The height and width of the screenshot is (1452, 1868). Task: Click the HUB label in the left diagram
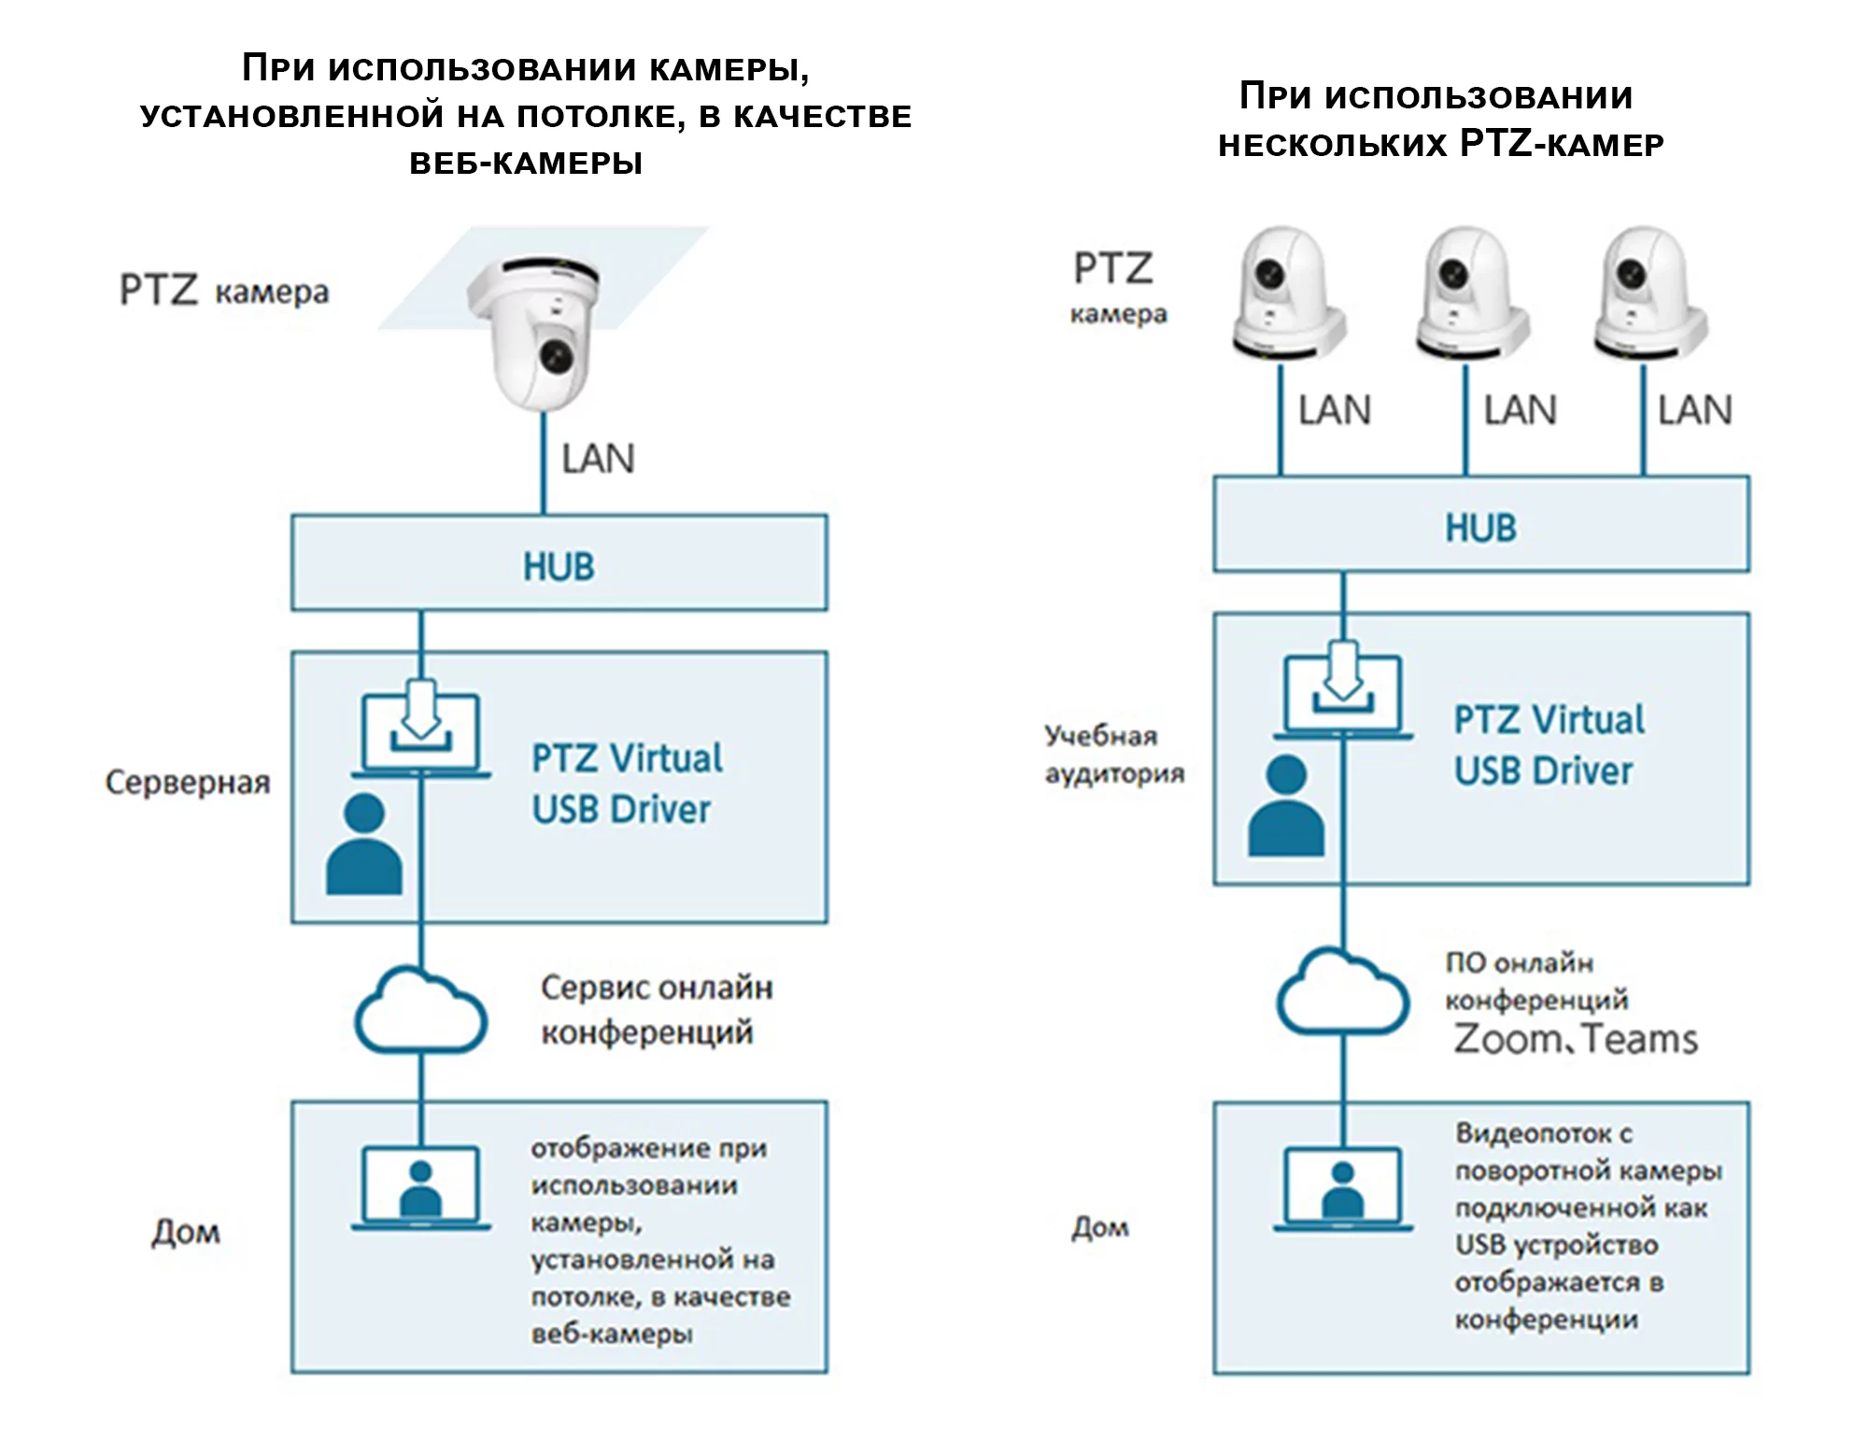pos(559,566)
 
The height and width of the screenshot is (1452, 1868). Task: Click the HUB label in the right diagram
pos(1480,528)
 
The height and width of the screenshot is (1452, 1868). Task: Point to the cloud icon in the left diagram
pos(421,1014)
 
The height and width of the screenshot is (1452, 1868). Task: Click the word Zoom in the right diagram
pos(1506,1039)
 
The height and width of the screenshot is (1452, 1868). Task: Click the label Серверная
pos(188,782)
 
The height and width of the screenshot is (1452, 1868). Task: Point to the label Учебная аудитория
pos(1113,755)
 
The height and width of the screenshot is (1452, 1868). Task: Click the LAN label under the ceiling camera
pos(598,459)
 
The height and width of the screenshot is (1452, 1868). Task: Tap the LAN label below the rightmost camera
pos(1694,410)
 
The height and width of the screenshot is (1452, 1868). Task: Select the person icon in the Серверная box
pos(364,845)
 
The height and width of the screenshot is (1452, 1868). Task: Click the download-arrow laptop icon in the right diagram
pos(1343,696)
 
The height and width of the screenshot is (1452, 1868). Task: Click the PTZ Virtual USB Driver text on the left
pos(626,783)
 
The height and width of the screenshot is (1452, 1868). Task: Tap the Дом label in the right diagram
pos(1100,1227)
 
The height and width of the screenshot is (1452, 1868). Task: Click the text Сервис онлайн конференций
pos(656,1010)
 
